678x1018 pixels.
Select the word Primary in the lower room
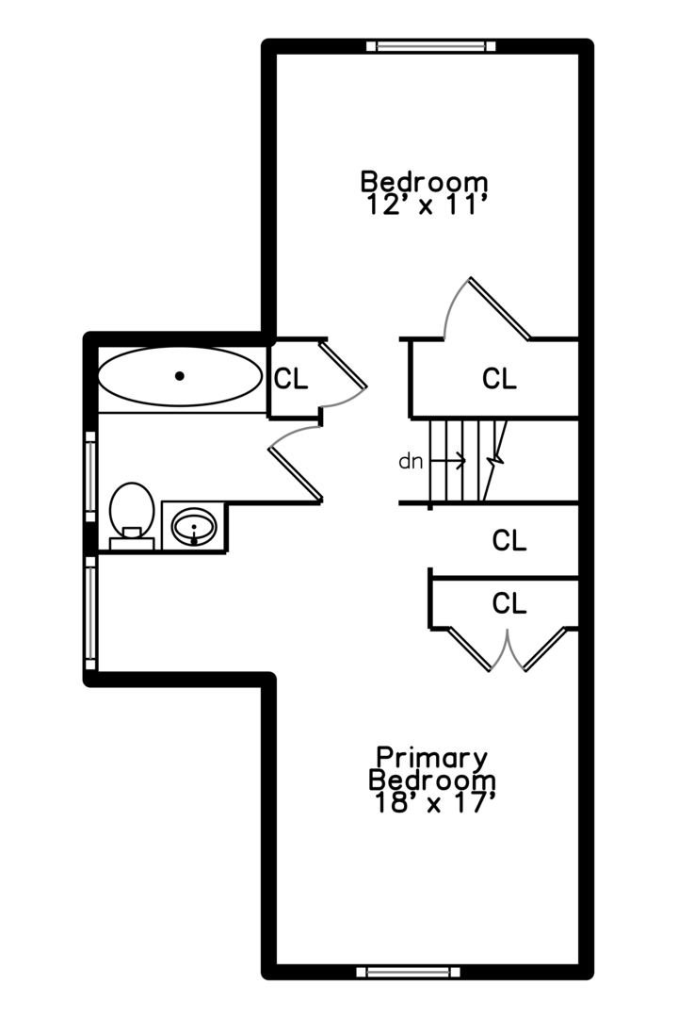pyautogui.click(x=432, y=758)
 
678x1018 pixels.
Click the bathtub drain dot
pyautogui.click(x=180, y=376)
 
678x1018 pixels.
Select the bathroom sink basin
pyautogui.click(x=194, y=525)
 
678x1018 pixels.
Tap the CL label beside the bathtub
pyautogui.click(x=291, y=379)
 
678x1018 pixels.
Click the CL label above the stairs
pyautogui.click(x=499, y=379)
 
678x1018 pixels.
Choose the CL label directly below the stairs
pyautogui.click(x=509, y=541)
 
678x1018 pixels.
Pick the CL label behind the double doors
pyautogui.click(x=509, y=603)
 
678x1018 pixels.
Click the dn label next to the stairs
pyautogui.click(x=411, y=462)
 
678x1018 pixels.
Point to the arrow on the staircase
pyautogui.click(x=449, y=461)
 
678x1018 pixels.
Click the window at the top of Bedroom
pyautogui.click(x=431, y=45)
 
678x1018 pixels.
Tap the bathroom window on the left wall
pyautogui.click(x=90, y=476)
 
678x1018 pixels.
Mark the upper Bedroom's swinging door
pyautogui.click(x=499, y=308)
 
